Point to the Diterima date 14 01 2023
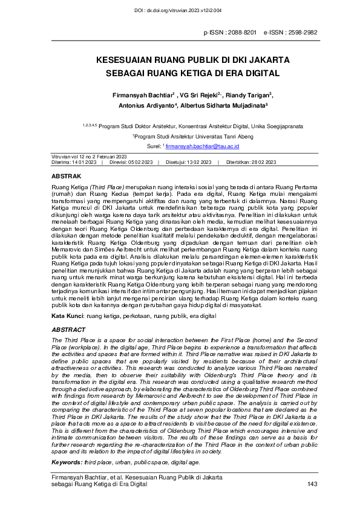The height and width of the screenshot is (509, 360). [85, 163]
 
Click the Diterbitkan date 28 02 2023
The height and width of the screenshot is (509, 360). [261, 163]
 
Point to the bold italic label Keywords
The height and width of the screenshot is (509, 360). [67, 462]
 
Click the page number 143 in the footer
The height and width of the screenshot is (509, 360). [312, 484]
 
